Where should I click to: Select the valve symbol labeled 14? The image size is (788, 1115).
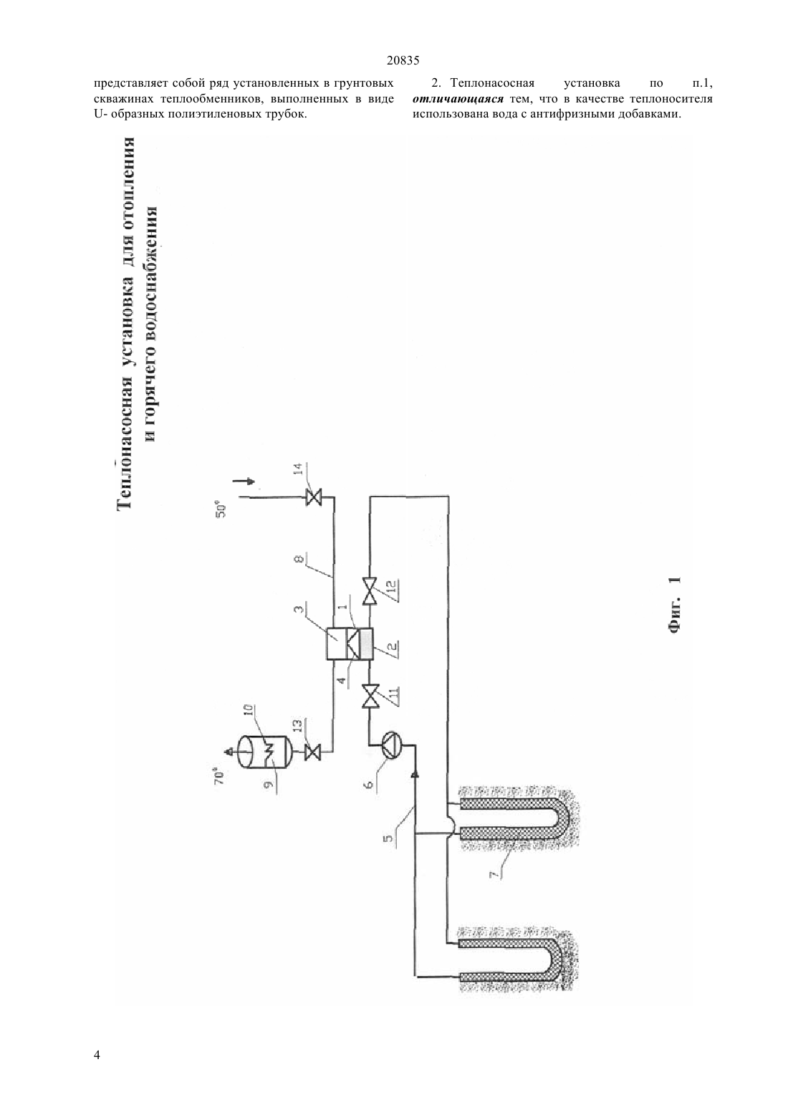[x=314, y=497]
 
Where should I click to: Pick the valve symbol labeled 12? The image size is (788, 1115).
[x=370, y=591]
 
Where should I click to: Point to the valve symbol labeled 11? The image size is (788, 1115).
[x=370, y=697]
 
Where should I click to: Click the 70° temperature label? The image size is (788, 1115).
[x=220, y=777]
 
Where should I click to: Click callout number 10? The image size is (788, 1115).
[x=250, y=711]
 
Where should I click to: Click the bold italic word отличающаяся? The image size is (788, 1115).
[x=458, y=99]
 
